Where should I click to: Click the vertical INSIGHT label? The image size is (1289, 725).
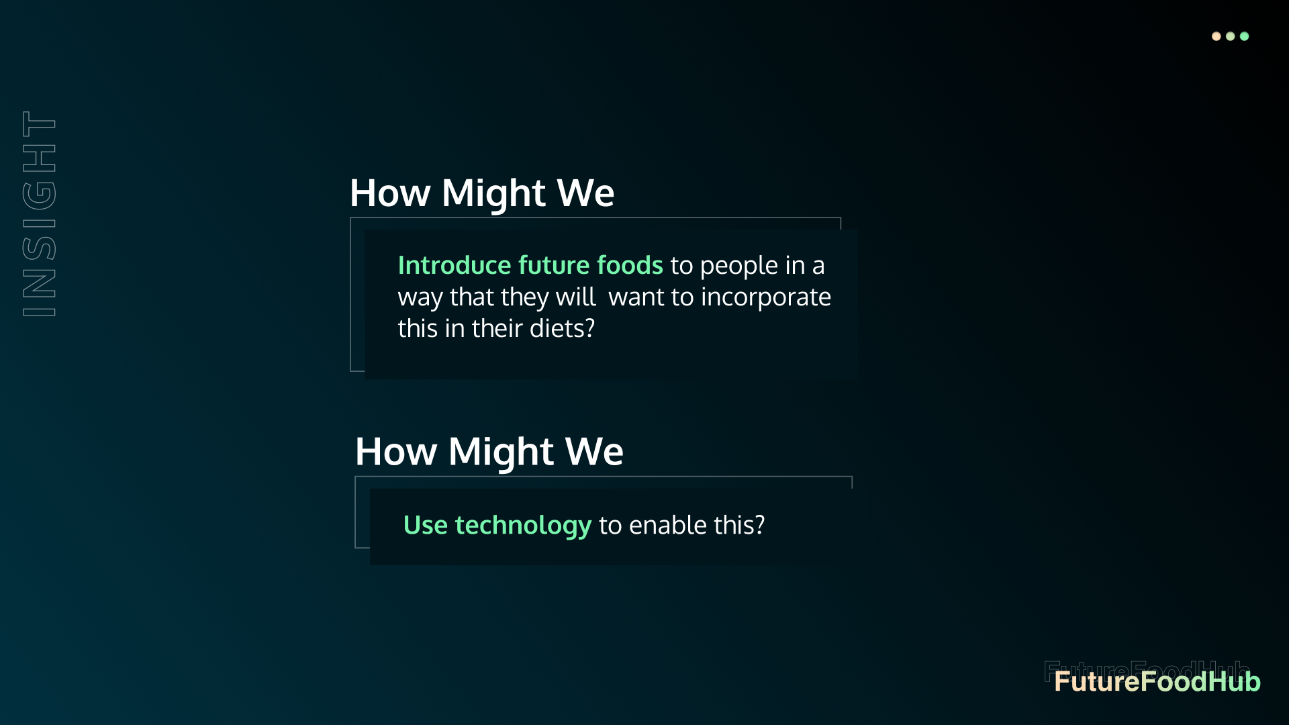(39, 213)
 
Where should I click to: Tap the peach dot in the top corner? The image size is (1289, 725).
(1216, 36)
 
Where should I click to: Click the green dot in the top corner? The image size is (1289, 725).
(1244, 36)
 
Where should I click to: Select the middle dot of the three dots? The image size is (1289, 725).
(1230, 36)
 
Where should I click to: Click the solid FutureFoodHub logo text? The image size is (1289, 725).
(1157, 681)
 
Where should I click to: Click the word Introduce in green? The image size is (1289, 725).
(455, 265)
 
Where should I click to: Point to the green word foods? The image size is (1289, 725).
(630, 265)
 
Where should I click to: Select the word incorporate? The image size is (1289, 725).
(766, 297)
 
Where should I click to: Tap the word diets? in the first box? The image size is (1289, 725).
(562, 328)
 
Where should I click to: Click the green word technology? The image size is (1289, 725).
(523, 526)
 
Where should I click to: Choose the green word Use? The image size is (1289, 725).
(426, 525)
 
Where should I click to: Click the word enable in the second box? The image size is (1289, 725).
(668, 525)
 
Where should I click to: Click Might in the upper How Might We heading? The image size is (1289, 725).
(493, 193)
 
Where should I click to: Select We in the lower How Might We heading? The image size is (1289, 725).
(594, 451)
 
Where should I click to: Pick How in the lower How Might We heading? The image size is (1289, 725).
(396, 451)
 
